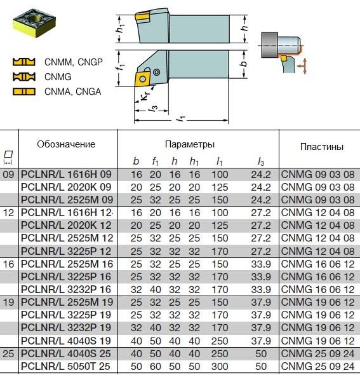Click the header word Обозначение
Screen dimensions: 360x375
66,144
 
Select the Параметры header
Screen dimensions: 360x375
190,144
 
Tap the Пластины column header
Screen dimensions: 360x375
322,147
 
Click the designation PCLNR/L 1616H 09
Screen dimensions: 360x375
66,174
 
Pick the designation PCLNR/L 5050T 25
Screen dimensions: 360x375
65,366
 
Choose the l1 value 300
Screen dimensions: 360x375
220,366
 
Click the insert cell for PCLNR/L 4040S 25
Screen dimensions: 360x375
317,353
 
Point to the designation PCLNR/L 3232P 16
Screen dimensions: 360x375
66,289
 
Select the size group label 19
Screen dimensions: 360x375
9,303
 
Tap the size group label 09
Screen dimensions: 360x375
9,174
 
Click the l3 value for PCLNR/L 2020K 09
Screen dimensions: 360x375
261,187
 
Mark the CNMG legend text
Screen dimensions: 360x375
58,77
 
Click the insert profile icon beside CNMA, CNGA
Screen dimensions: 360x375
24,92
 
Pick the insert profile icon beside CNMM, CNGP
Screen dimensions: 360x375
24,62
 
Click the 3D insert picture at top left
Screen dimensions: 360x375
34,23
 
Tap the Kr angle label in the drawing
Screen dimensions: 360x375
145,95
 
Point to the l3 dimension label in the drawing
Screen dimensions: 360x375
154,108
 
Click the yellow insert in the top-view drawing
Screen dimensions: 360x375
142,79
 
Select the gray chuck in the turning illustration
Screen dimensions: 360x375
269,45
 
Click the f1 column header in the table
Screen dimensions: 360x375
156,161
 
